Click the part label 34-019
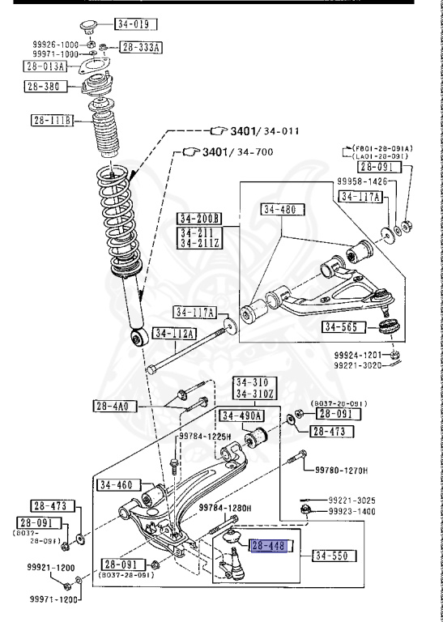(x=134, y=23)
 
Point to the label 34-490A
(x=242, y=415)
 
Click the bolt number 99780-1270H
(x=341, y=470)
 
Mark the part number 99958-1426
(x=362, y=184)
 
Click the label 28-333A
(x=141, y=48)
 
